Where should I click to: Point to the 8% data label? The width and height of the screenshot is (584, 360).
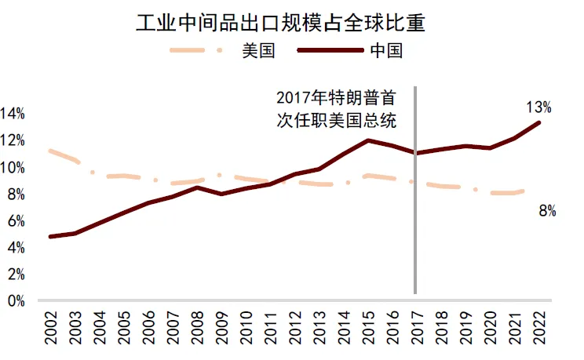[547, 211]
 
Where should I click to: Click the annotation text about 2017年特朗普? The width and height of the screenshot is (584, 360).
[335, 109]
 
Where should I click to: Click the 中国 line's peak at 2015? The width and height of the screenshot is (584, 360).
[367, 140]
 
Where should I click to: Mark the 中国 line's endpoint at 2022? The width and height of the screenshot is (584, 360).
[538, 122]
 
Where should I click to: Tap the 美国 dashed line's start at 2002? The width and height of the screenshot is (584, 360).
[50, 151]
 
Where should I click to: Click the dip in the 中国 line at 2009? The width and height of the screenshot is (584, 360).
[221, 194]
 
